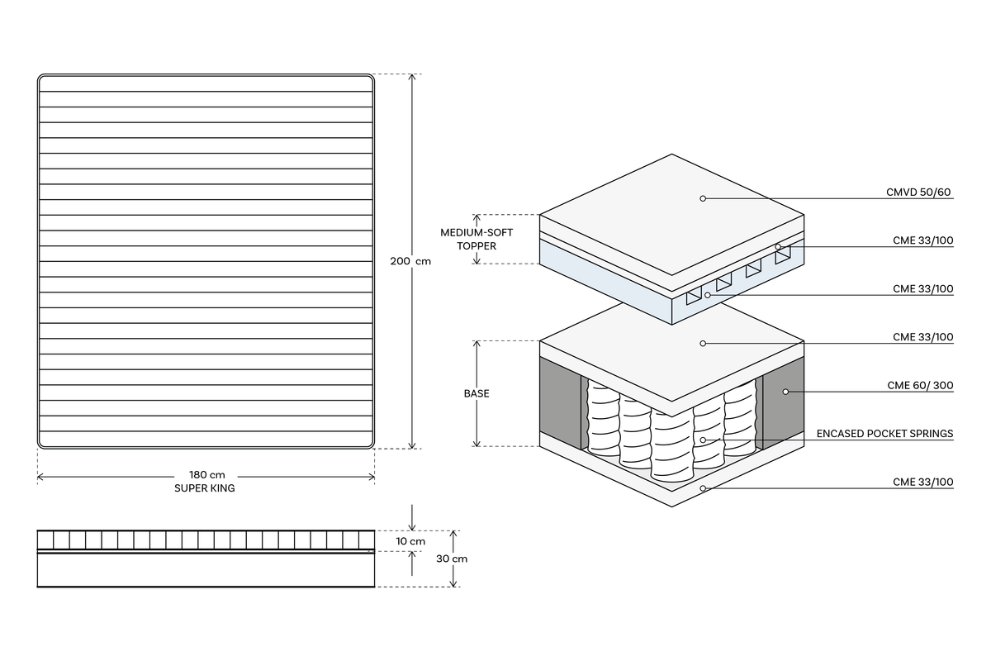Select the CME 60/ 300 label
point(920,385)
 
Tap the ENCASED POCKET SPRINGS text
point(884,433)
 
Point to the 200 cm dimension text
point(410,261)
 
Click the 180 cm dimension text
point(206,475)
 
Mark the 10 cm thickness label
point(410,541)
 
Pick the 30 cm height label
point(452,559)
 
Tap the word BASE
point(477,393)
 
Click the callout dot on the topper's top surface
point(703,198)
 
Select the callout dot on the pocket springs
point(703,440)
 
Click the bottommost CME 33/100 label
point(922,482)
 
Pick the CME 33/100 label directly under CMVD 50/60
point(922,240)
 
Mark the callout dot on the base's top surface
point(703,343)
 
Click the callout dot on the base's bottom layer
point(703,488)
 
